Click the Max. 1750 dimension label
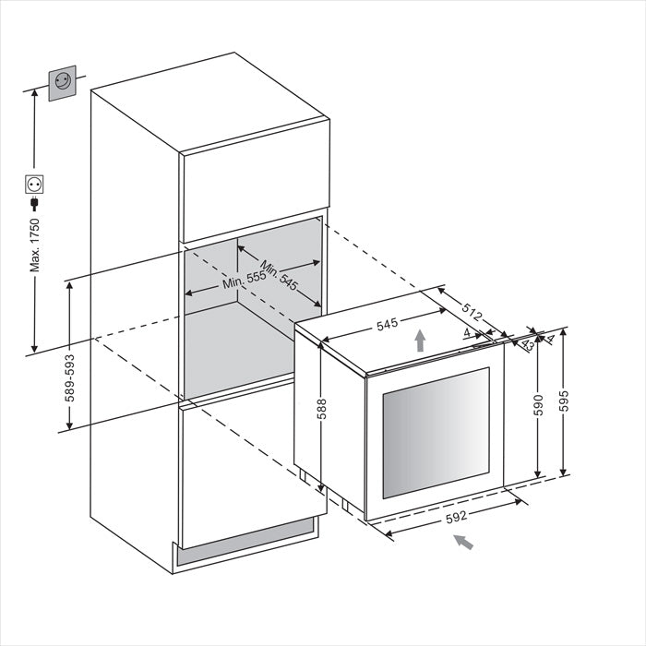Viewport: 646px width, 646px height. (35, 245)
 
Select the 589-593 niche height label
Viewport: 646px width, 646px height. (69, 377)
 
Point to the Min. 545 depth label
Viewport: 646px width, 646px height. (279, 276)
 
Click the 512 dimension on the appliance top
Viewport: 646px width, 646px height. (472, 312)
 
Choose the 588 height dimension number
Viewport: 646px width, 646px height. (322, 409)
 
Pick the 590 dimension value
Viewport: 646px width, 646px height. (538, 405)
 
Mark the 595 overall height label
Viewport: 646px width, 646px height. (563, 401)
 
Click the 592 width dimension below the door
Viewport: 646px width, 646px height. (456, 517)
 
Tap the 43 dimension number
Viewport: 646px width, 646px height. (527, 344)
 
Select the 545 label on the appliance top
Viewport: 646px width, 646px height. (388, 324)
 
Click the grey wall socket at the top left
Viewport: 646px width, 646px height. (62, 83)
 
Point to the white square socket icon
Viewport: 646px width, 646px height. (34, 185)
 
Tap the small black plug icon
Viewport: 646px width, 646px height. (34, 204)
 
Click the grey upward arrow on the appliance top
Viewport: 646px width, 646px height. (420, 341)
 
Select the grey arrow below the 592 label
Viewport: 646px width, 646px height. (463, 542)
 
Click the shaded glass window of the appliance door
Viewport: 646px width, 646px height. (436, 433)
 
